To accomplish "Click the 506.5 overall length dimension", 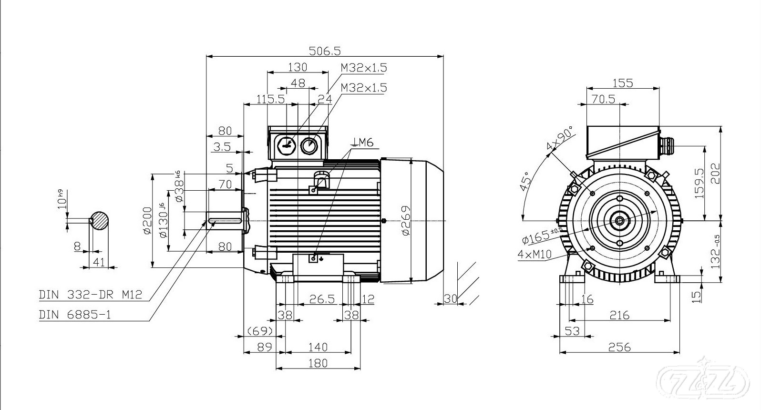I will point(325,50).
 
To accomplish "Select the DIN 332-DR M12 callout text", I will point(90,295).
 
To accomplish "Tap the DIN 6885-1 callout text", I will point(75,315).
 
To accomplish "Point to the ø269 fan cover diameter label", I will point(406,220).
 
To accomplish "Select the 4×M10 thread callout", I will point(534,254).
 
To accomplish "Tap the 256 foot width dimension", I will point(619,347).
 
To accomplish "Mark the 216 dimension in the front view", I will point(619,315).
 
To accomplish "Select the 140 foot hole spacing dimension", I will point(318,347).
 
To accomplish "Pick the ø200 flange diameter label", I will point(147,221).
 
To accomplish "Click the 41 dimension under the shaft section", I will point(98,261).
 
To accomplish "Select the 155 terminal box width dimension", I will point(622,83).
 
